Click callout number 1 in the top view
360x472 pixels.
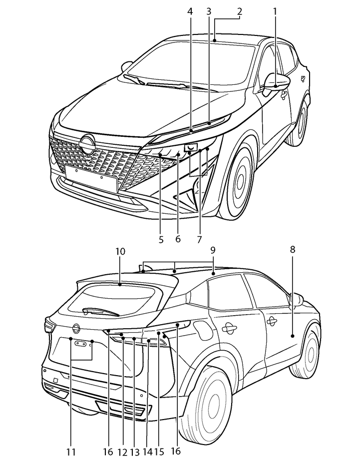(275, 10)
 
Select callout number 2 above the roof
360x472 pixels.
(240, 10)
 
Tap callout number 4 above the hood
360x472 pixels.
(190, 10)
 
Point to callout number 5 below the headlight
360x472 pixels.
(161, 239)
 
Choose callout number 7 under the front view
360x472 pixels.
(199, 239)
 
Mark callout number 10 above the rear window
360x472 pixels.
(120, 251)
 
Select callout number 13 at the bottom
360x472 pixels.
(134, 452)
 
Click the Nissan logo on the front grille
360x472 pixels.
(88, 145)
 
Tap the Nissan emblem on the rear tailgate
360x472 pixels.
(76, 328)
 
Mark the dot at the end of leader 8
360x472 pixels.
(293, 336)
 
